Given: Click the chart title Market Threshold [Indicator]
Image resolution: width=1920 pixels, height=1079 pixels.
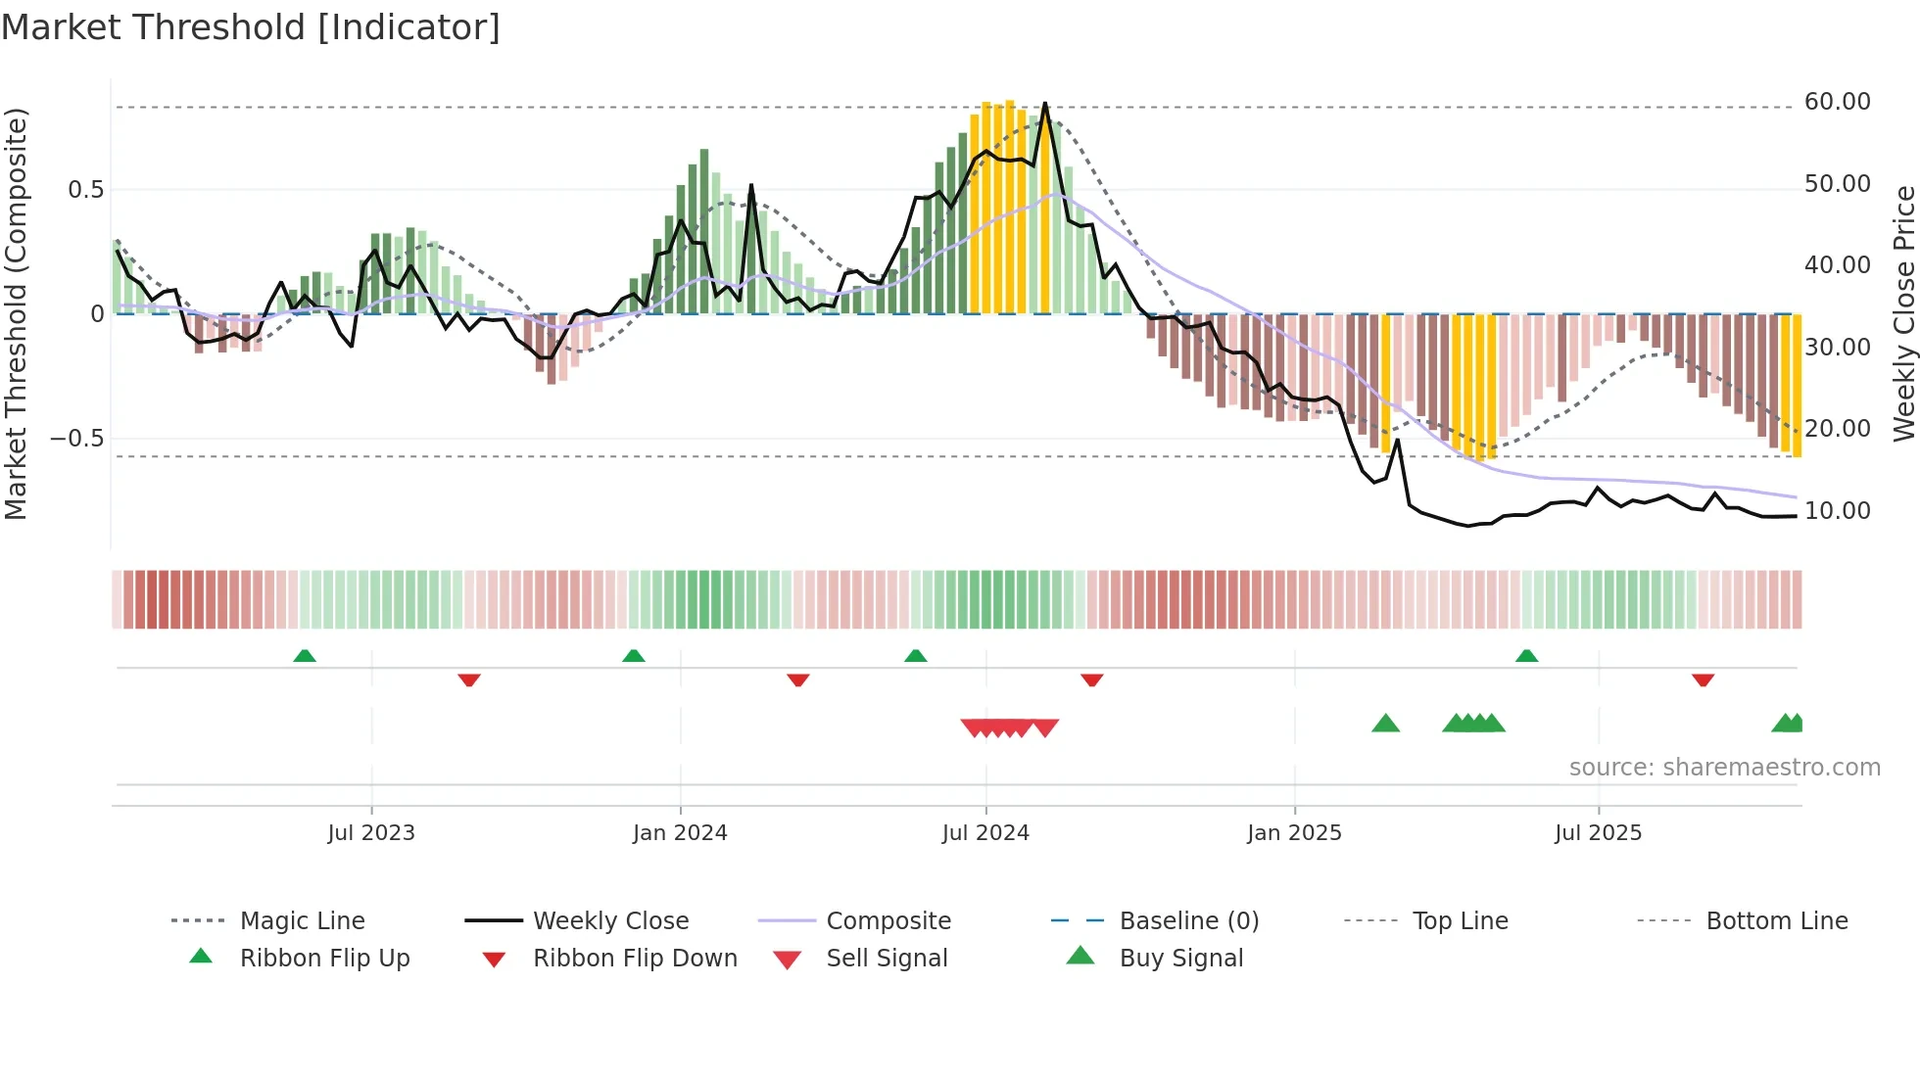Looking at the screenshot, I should [x=251, y=27].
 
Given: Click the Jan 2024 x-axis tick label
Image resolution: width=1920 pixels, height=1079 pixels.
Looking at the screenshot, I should [x=680, y=833].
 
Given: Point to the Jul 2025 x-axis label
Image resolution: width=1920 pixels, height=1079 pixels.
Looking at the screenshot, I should [x=1598, y=833].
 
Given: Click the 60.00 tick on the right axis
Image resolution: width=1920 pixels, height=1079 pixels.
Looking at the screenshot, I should [x=1837, y=102].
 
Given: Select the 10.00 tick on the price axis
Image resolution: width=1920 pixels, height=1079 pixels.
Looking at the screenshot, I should [x=1837, y=511].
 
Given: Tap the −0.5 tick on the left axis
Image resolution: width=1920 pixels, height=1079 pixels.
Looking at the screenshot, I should [x=76, y=438].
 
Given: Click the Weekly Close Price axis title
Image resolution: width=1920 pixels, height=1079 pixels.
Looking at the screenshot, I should [x=1903, y=313].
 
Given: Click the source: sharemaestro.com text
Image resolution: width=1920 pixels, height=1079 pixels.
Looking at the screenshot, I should [x=1724, y=768].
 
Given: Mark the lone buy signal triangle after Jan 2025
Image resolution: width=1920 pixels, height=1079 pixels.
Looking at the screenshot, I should [x=1385, y=725].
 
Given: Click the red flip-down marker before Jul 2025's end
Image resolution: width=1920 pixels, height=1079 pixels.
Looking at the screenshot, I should [x=1703, y=680].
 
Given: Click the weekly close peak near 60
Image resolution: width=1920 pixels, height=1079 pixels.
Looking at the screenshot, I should [x=1045, y=104].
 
